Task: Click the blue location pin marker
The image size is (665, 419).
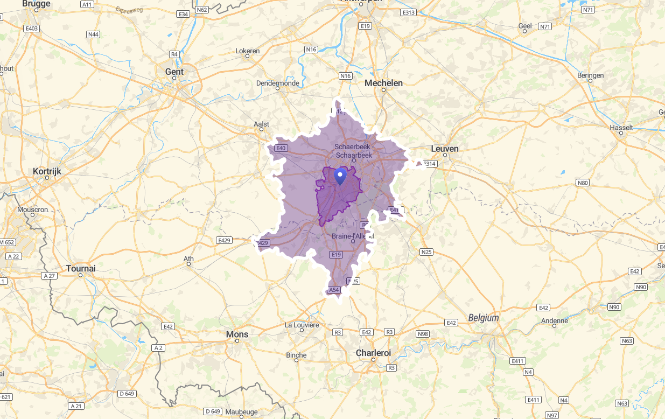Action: [340, 176]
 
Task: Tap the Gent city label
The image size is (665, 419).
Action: [174, 72]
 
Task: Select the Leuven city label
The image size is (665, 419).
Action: [445, 149]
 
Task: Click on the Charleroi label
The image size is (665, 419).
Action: [373, 353]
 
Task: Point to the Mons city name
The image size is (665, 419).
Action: [237, 334]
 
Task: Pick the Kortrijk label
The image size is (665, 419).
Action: [47, 171]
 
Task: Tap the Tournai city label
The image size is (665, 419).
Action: [81, 268]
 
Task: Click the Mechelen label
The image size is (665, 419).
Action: [383, 83]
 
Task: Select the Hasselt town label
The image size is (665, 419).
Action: [621, 128]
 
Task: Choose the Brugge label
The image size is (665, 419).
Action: [37, 4]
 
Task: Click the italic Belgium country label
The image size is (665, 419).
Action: [484, 318]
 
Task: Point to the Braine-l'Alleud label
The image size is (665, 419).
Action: [353, 236]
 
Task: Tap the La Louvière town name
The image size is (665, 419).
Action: [302, 325]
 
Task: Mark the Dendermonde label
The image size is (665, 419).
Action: [277, 83]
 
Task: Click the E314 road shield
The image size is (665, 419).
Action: [429, 164]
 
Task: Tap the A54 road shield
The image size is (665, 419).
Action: [334, 290]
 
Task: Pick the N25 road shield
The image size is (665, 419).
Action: [426, 252]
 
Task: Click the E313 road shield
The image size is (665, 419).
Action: [409, 12]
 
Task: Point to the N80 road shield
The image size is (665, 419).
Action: [583, 183]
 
